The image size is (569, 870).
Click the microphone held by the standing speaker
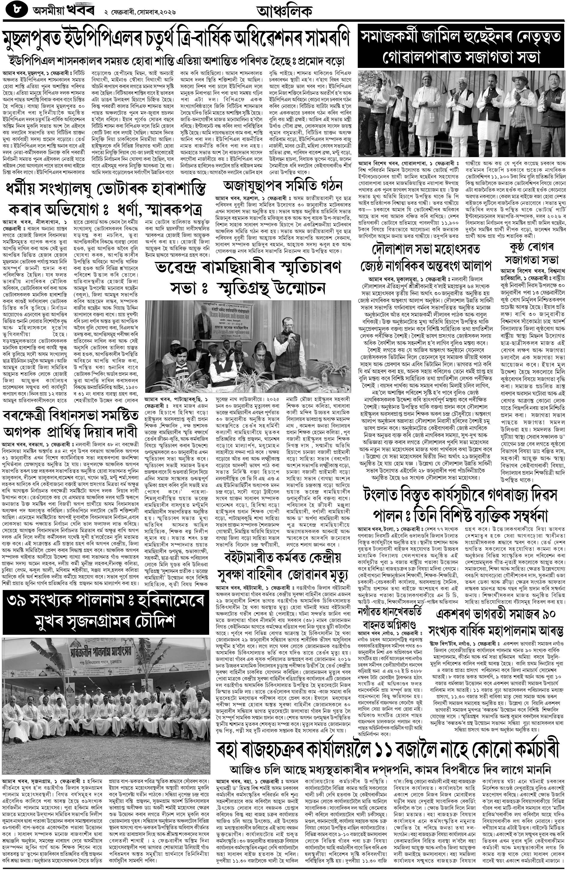[293, 339]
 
